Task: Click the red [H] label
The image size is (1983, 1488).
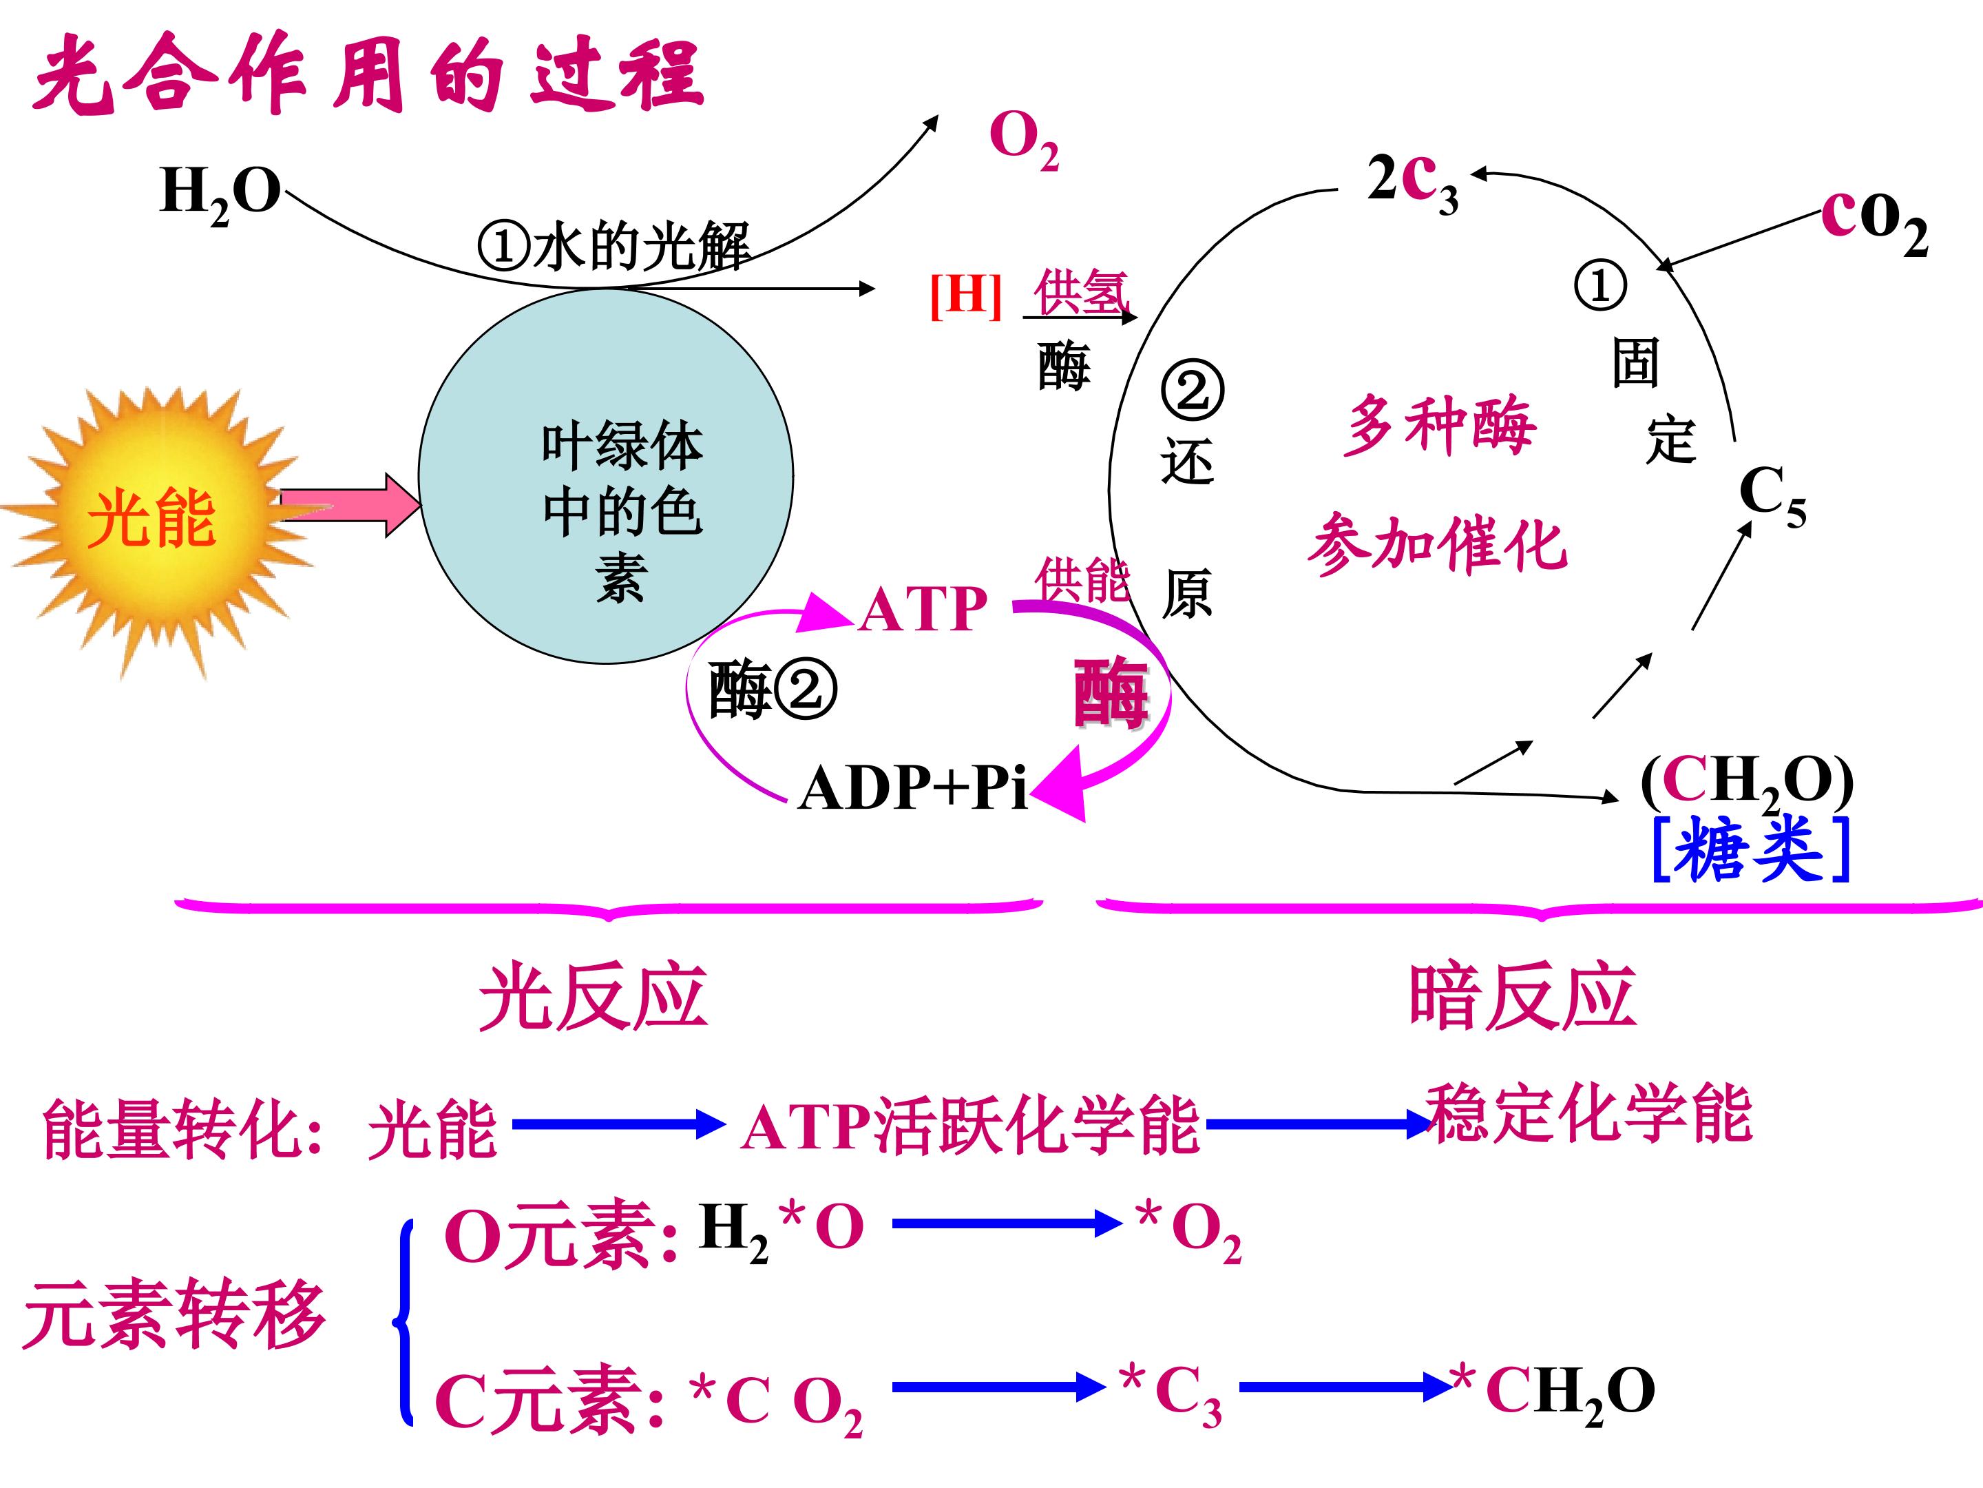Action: pyautogui.click(x=965, y=294)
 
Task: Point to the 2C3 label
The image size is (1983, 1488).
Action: pyautogui.click(x=1412, y=182)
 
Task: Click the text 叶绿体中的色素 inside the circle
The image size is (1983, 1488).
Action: pyautogui.click(x=621, y=511)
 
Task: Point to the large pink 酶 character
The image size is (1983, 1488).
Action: pyautogui.click(x=1111, y=693)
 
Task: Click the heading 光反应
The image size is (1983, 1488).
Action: pyautogui.click(x=593, y=998)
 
